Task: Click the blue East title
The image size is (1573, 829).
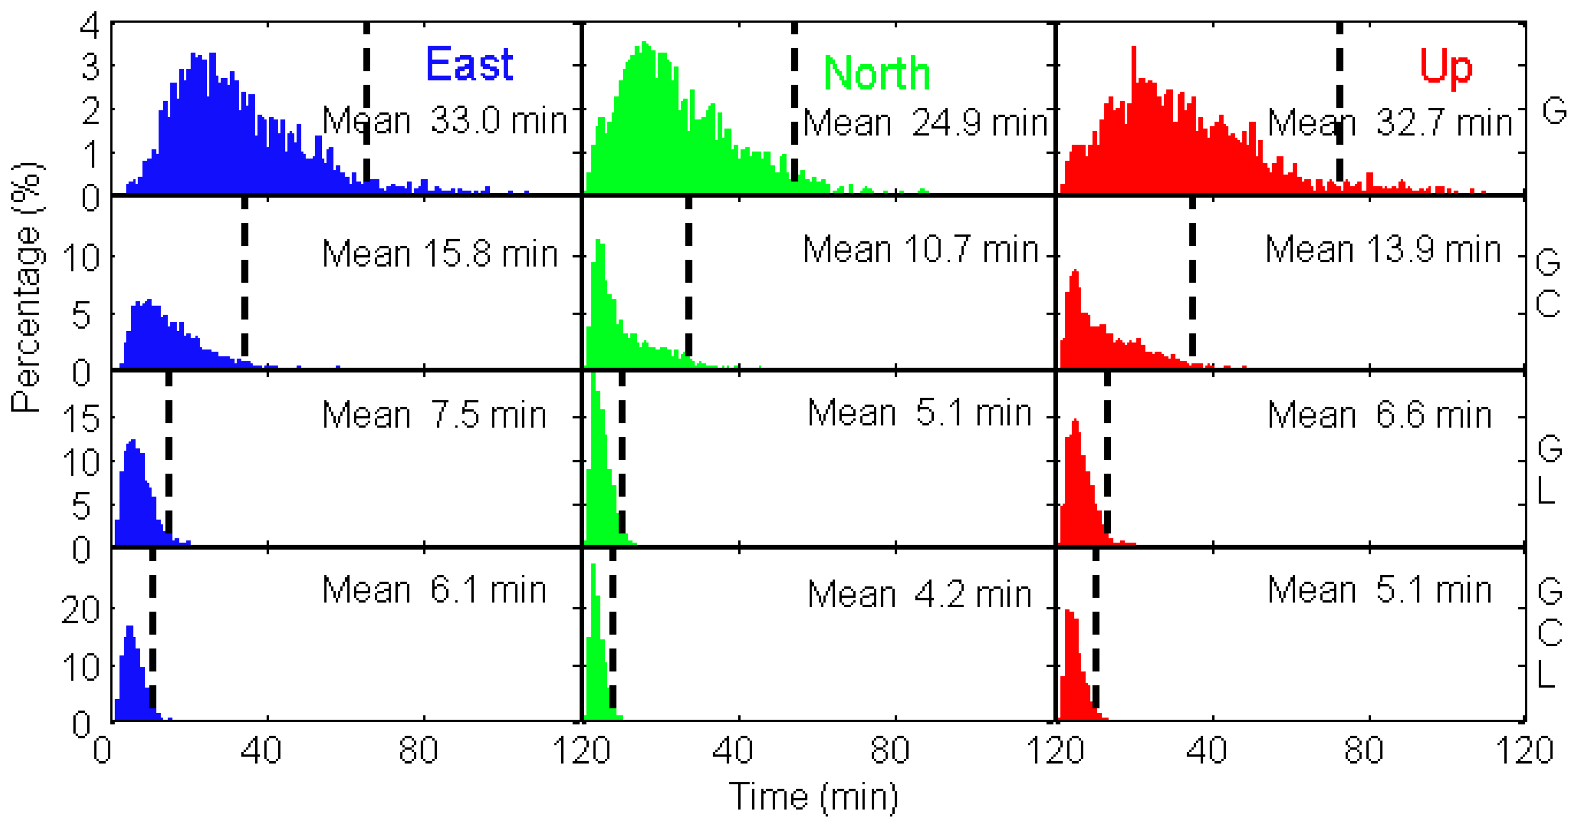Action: [469, 64]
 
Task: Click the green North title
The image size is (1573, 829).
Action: [876, 73]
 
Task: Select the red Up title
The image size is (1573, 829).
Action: [1446, 66]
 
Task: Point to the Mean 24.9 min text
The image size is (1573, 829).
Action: [925, 123]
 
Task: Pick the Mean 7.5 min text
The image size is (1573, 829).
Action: [434, 415]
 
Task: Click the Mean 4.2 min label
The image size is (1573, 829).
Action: [919, 594]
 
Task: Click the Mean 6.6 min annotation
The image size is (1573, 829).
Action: [1379, 415]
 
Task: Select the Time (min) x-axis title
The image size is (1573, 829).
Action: [813, 797]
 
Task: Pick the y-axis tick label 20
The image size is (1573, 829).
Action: [81, 609]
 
